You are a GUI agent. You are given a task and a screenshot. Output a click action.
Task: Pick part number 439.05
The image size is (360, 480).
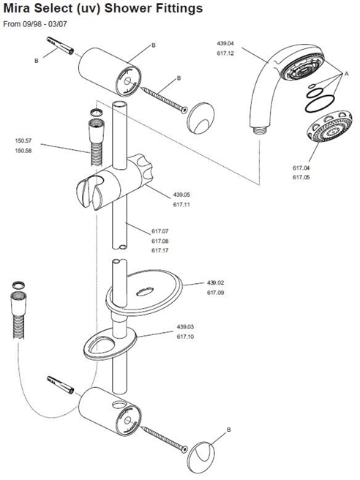pyautogui.click(x=181, y=195)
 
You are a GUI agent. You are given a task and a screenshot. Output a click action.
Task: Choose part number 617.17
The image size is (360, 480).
pyautogui.click(x=161, y=251)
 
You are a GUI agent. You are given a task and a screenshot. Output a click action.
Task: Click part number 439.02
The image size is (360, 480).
pyautogui.click(x=216, y=282)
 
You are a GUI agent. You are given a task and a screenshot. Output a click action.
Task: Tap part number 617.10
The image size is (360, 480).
pyautogui.click(x=185, y=337)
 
